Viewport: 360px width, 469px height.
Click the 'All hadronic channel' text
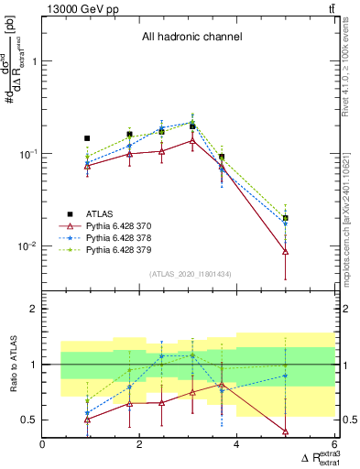tap(191, 37)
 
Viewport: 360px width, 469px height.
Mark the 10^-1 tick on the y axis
tap(27, 154)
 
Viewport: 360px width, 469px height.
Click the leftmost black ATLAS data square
tap(87, 138)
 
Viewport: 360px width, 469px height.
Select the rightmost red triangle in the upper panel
tap(286, 251)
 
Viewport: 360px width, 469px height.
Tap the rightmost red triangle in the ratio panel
tap(286, 431)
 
